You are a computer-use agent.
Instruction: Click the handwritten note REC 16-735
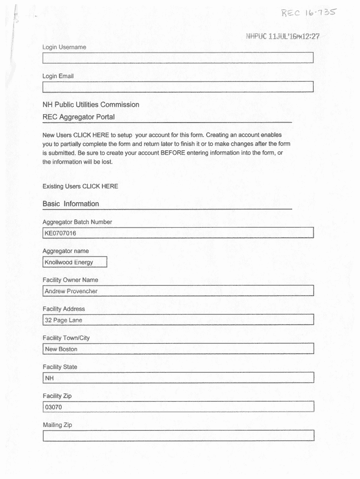pyautogui.click(x=308, y=13)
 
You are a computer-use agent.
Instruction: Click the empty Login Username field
pyautogui.click(x=178, y=58)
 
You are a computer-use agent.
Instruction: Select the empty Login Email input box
pyautogui.click(x=178, y=87)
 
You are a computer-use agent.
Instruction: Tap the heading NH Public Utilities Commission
pyautogui.click(x=91, y=105)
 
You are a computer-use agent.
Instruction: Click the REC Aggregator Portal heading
pyautogui.click(x=79, y=117)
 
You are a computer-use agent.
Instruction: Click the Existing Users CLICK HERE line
pyautogui.click(x=80, y=186)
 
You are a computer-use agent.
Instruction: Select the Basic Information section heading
pyautogui.click(x=71, y=204)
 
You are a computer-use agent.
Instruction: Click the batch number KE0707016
pyautogui.click(x=60, y=233)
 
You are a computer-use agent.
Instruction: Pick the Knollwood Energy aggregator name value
pyautogui.click(x=69, y=262)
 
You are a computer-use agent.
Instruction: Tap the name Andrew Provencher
pyautogui.click(x=71, y=291)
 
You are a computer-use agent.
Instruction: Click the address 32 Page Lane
pyautogui.click(x=63, y=320)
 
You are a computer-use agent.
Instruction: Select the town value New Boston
pyautogui.click(x=61, y=349)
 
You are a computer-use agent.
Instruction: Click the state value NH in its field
pyautogui.click(x=50, y=378)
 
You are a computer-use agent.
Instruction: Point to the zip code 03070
pyautogui.click(x=53, y=407)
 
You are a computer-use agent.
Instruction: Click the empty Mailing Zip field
pyautogui.click(x=178, y=436)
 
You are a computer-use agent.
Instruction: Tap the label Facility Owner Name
pyautogui.click(x=70, y=280)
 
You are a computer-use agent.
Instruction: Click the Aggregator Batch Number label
pyautogui.click(x=77, y=222)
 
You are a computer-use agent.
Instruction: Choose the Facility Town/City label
pyautogui.click(x=66, y=338)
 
